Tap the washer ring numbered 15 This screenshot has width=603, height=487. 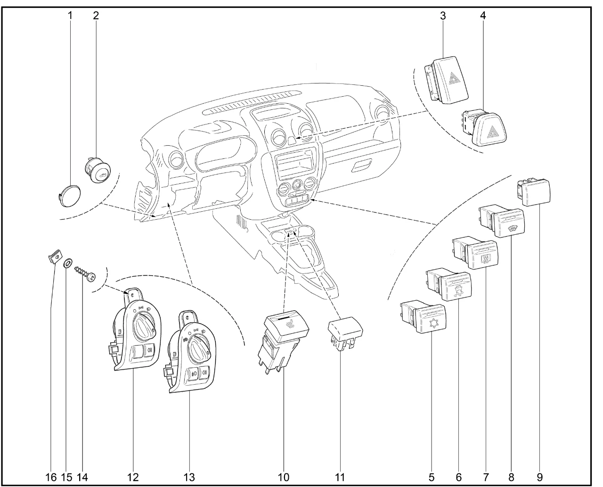coord(67,262)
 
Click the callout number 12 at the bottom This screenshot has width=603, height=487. coord(133,477)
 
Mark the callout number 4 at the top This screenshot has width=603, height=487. coord(483,15)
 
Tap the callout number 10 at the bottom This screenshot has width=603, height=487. coord(283,477)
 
